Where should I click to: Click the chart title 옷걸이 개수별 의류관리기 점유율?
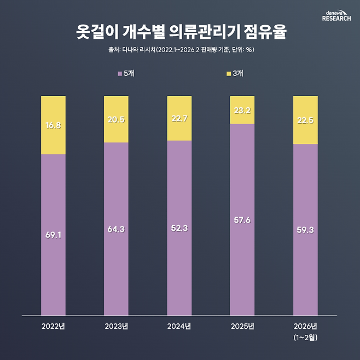click(x=180, y=31)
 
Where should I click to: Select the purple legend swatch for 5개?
click(x=120, y=73)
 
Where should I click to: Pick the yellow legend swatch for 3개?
click(x=229, y=73)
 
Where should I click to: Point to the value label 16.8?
click(x=53, y=125)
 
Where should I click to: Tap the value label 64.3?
click(x=116, y=229)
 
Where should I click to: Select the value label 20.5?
click(x=116, y=119)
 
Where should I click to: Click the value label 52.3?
click(x=179, y=228)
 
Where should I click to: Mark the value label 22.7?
click(x=179, y=118)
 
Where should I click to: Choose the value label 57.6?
click(x=242, y=219)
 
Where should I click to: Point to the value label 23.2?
click(x=242, y=109)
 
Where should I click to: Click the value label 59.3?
click(x=305, y=230)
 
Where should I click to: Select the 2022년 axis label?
click(x=53, y=327)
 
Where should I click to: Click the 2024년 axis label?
click(x=179, y=327)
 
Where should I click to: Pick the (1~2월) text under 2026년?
click(x=305, y=338)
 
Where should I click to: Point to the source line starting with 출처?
click(x=180, y=49)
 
